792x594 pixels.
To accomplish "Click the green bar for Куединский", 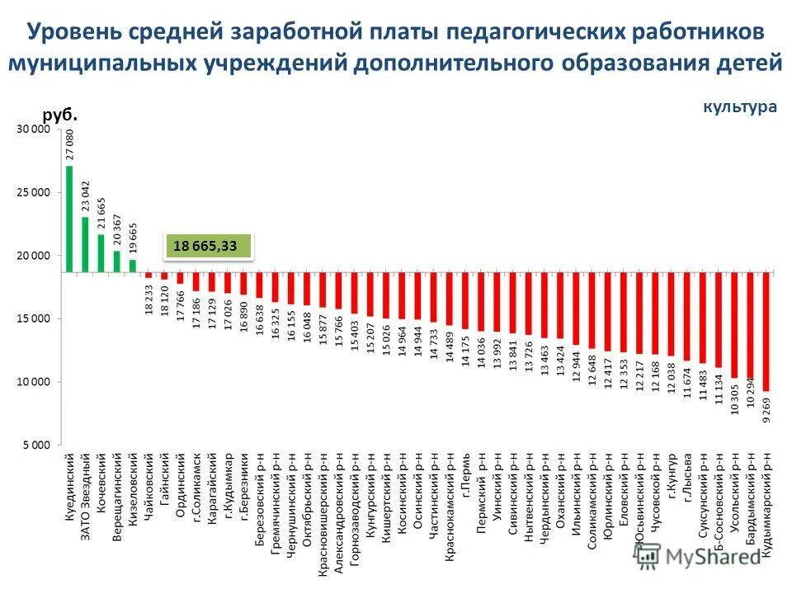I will (69, 219).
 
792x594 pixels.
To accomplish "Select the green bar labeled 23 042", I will (85, 244).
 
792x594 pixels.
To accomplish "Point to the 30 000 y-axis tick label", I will (33, 130).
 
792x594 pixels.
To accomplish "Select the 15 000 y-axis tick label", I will (33, 318).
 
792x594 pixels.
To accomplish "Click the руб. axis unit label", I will (59, 115).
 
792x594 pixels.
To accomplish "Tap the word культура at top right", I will (740, 106).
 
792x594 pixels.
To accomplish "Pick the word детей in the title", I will (748, 63).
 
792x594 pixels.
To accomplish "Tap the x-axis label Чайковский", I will (149, 493).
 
